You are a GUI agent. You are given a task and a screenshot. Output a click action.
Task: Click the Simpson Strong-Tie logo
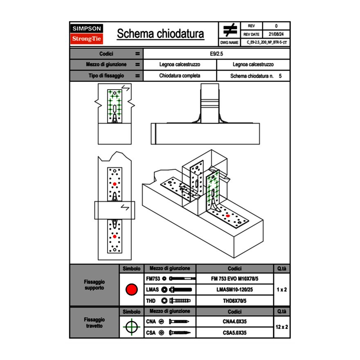(87, 34)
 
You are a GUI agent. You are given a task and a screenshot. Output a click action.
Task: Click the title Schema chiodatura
(160, 34)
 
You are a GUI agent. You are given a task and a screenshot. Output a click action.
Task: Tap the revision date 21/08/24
(276, 34)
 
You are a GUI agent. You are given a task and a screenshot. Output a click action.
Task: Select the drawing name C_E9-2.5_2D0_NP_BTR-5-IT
(266, 42)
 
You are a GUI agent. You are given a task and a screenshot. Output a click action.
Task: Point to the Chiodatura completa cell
(180, 76)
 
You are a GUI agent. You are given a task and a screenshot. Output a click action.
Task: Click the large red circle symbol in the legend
(131, 290)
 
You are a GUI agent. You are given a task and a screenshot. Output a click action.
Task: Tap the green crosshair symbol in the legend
(131, 327)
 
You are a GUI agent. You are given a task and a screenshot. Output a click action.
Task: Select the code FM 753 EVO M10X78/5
(234, 279)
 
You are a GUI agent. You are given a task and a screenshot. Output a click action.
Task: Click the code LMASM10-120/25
(234, 290)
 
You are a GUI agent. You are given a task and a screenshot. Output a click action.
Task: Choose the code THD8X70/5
(234, 301)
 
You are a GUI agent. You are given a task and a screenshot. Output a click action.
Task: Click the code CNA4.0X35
(234, 322)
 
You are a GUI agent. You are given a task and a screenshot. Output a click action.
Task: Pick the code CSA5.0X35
(234, 333)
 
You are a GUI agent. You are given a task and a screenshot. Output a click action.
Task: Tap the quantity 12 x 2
(281, 327)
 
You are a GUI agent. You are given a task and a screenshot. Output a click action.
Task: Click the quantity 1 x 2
(281, 290)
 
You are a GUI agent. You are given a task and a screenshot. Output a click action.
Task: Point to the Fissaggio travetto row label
(94, 323)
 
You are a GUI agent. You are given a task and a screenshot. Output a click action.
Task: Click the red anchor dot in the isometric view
(228, 216)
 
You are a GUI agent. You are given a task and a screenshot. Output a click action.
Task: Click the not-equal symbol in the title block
(230, 30)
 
